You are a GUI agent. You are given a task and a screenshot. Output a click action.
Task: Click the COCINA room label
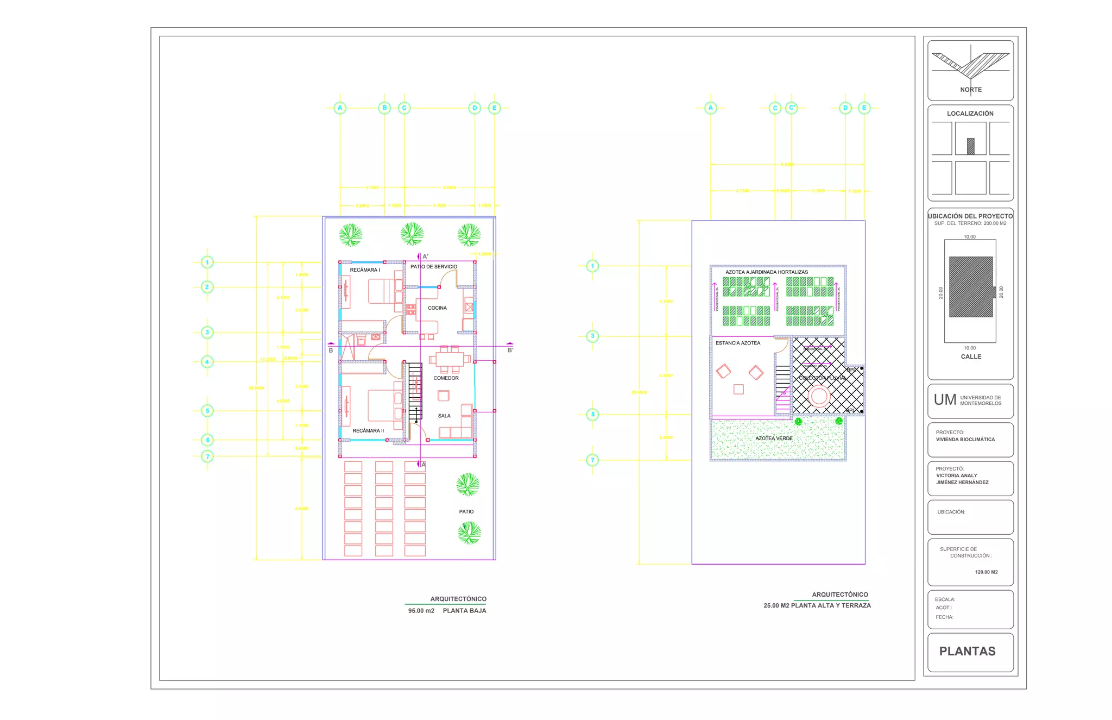437,308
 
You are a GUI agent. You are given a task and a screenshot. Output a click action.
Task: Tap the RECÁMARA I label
365,270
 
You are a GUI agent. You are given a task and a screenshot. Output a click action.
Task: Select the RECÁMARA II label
368,431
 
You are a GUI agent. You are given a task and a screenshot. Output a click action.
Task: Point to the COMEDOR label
446,378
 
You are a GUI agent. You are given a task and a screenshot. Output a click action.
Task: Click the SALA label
444,416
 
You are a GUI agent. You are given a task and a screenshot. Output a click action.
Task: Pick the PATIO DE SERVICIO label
434,267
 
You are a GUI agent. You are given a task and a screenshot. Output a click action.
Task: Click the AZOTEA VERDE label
774,439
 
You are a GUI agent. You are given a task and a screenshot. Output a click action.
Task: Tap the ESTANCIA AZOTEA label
738,343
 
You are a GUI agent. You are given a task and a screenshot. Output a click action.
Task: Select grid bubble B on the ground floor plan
384,108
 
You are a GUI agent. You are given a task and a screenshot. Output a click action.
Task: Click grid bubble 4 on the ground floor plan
207,362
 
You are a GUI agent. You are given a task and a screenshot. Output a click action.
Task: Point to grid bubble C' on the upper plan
792,108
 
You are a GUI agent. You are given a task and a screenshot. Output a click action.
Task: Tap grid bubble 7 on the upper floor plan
592,460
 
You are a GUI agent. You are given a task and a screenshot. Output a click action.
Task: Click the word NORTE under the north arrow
971,90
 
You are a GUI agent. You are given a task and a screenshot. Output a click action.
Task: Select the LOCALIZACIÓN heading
970,114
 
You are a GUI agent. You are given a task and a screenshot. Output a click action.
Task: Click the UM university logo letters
945,400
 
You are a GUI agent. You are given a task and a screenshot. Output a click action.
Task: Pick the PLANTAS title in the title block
968,652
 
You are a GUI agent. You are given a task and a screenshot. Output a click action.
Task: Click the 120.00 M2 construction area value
986,572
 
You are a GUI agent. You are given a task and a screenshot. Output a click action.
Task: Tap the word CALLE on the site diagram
971,357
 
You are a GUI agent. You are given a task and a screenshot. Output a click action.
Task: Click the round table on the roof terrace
819,396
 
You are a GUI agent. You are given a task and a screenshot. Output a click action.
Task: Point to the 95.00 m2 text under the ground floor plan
421,611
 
